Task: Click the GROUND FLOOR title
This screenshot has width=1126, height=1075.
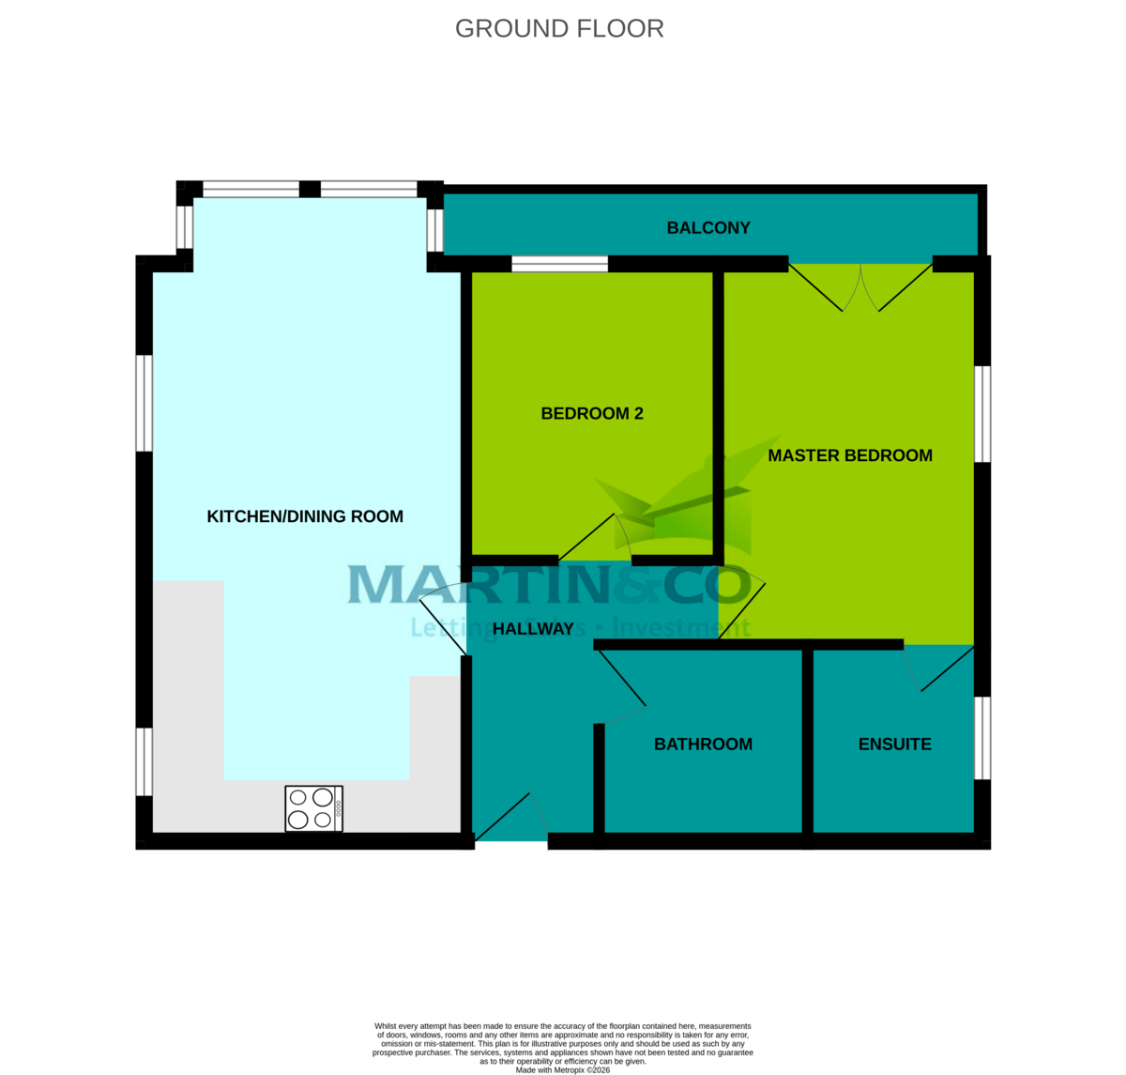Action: click(559, 29)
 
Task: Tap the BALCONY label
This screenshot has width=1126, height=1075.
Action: click(708, 228)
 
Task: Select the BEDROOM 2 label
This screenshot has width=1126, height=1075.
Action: click(592, 414)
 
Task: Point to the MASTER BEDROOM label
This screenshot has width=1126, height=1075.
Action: click(850, 455)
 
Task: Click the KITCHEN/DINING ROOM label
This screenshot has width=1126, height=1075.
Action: click(305, 516)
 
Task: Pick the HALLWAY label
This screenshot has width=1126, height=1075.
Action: click(533, 629)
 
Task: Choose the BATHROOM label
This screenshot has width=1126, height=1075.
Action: click(703, 745)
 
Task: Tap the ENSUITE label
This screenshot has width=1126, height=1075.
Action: click(895, 745)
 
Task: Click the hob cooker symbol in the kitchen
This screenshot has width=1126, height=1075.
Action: click(313, 808)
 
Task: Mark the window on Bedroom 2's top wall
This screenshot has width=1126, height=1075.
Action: click(559, 264)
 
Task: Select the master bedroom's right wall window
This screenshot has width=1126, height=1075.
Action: click(981, 414)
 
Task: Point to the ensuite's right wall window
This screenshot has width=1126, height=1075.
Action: click(981, 738)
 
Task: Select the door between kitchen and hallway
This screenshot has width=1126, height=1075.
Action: click(443, 619)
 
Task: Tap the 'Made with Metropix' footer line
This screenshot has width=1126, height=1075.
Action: click(563, 1069)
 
